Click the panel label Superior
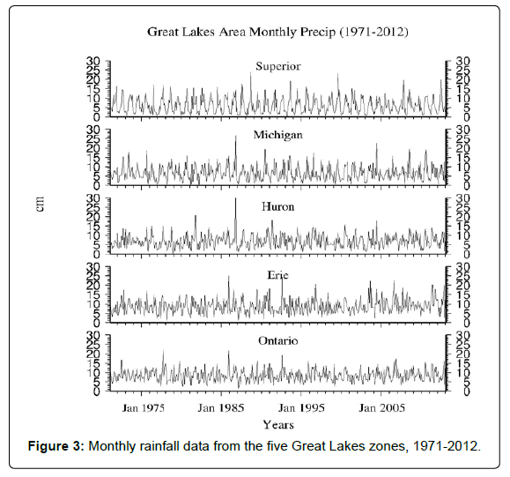(278, 66)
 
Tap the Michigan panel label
(278, 135)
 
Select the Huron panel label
(278, 206)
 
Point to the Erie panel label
(278, 275)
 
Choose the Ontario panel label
(278, 341)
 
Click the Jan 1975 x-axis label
(144, 408)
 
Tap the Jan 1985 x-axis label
(221, 408)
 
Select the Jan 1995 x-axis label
(301, 408)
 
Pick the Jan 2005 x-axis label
(382, 408)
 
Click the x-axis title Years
(278, 425)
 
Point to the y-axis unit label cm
(40, 204)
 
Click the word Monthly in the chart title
(273, 33)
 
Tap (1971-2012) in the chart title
(373, 33)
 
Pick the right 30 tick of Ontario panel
(462, 335)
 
